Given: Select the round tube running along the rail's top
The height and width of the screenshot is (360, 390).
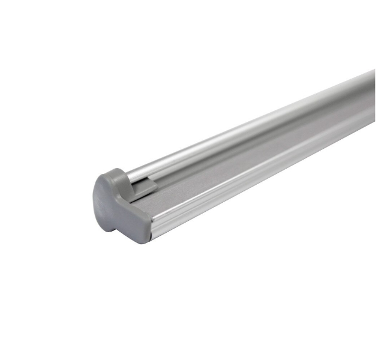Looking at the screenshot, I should click(252, 126).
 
